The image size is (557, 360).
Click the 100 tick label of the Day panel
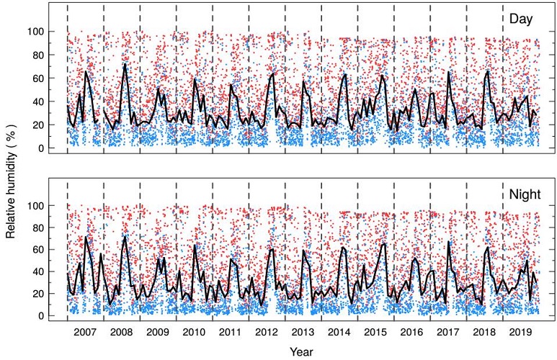pyautogui.click(x=37, y=32)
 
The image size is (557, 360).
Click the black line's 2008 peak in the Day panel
pyautogui.click(x=125, y=65)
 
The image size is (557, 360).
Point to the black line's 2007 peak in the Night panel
pyautogui.click(x=86, y=237)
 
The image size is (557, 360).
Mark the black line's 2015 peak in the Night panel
pyautogui.click(x=383, y=243)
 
